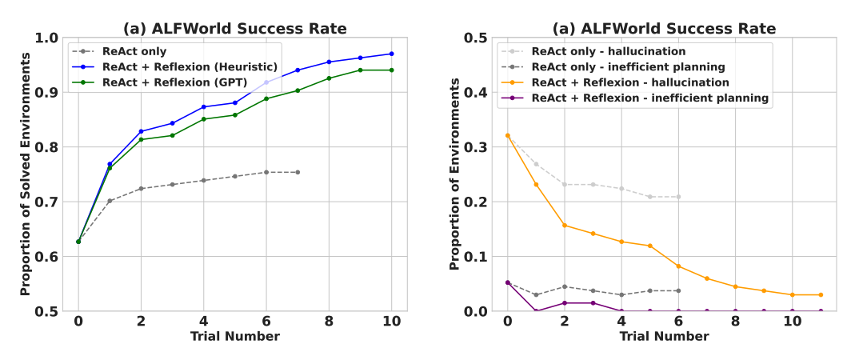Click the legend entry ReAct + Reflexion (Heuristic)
190,66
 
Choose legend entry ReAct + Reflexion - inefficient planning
649,98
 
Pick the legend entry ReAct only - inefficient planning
628,66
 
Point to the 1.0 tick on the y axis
47,38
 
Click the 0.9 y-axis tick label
47,93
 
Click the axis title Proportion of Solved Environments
25,174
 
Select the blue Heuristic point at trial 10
392,54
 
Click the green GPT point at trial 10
392,70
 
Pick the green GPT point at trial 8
329,78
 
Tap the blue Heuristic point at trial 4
203,106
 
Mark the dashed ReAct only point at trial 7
298,172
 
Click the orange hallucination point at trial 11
821,294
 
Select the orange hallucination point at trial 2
564,225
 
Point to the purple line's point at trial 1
536,311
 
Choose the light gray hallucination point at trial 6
678,197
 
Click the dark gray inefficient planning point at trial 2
564,286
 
